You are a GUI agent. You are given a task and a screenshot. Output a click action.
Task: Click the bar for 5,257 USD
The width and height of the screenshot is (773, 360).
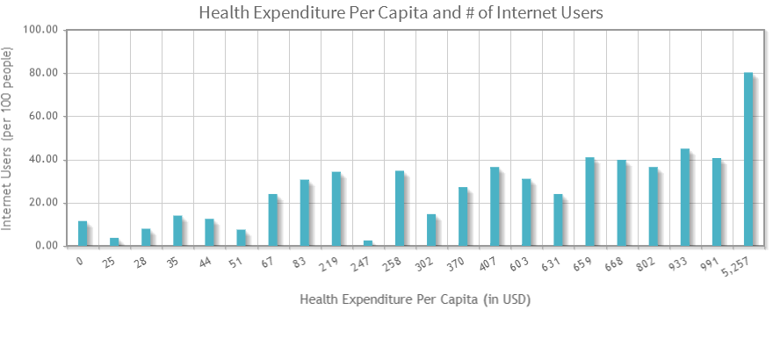pos(748,159)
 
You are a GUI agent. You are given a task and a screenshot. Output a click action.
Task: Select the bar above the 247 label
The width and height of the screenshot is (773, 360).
pos(368,243)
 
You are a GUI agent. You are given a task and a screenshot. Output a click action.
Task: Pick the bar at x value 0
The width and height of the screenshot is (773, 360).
pos(83,234)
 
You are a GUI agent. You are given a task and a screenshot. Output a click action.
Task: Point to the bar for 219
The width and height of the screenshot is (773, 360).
pos(336,209)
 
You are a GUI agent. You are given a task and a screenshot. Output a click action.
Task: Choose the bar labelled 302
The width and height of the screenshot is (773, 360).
pos(431,230)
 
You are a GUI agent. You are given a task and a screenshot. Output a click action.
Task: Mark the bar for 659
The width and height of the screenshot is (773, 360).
pos(590,202)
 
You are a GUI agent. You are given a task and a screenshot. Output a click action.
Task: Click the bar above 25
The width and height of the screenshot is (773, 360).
pos(114,242)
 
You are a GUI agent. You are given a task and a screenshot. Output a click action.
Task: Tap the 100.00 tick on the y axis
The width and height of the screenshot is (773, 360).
pos(40,30)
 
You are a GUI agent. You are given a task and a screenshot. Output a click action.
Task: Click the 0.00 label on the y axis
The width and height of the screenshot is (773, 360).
pos(45,246)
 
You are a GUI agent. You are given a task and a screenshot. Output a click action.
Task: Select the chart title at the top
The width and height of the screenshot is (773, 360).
pos(401,12)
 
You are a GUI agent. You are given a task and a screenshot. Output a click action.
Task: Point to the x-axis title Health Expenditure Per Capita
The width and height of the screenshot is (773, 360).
pos(415,299)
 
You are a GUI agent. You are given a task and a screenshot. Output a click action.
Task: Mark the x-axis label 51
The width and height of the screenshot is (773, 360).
pos(237,261)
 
